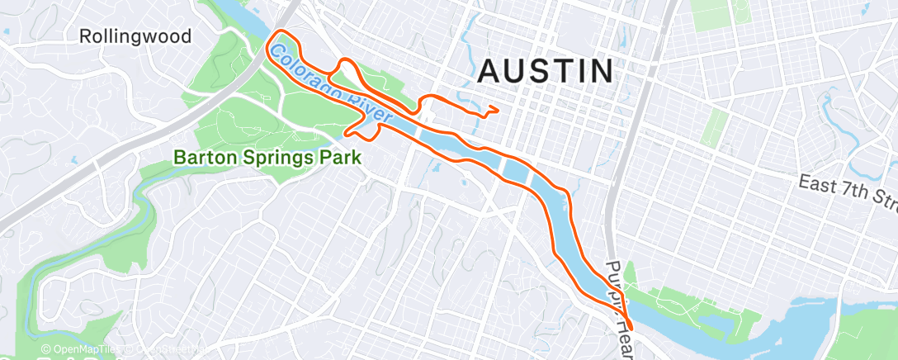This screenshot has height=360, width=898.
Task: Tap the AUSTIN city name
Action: (x=546, y=72)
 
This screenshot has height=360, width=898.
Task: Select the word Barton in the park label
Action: (x=202, y=156)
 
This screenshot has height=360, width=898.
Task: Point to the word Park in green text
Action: (x=341, y=156)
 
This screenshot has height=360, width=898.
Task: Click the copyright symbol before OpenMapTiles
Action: (x=46, y=350)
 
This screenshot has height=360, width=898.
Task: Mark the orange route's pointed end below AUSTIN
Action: (x=498, y=108)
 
